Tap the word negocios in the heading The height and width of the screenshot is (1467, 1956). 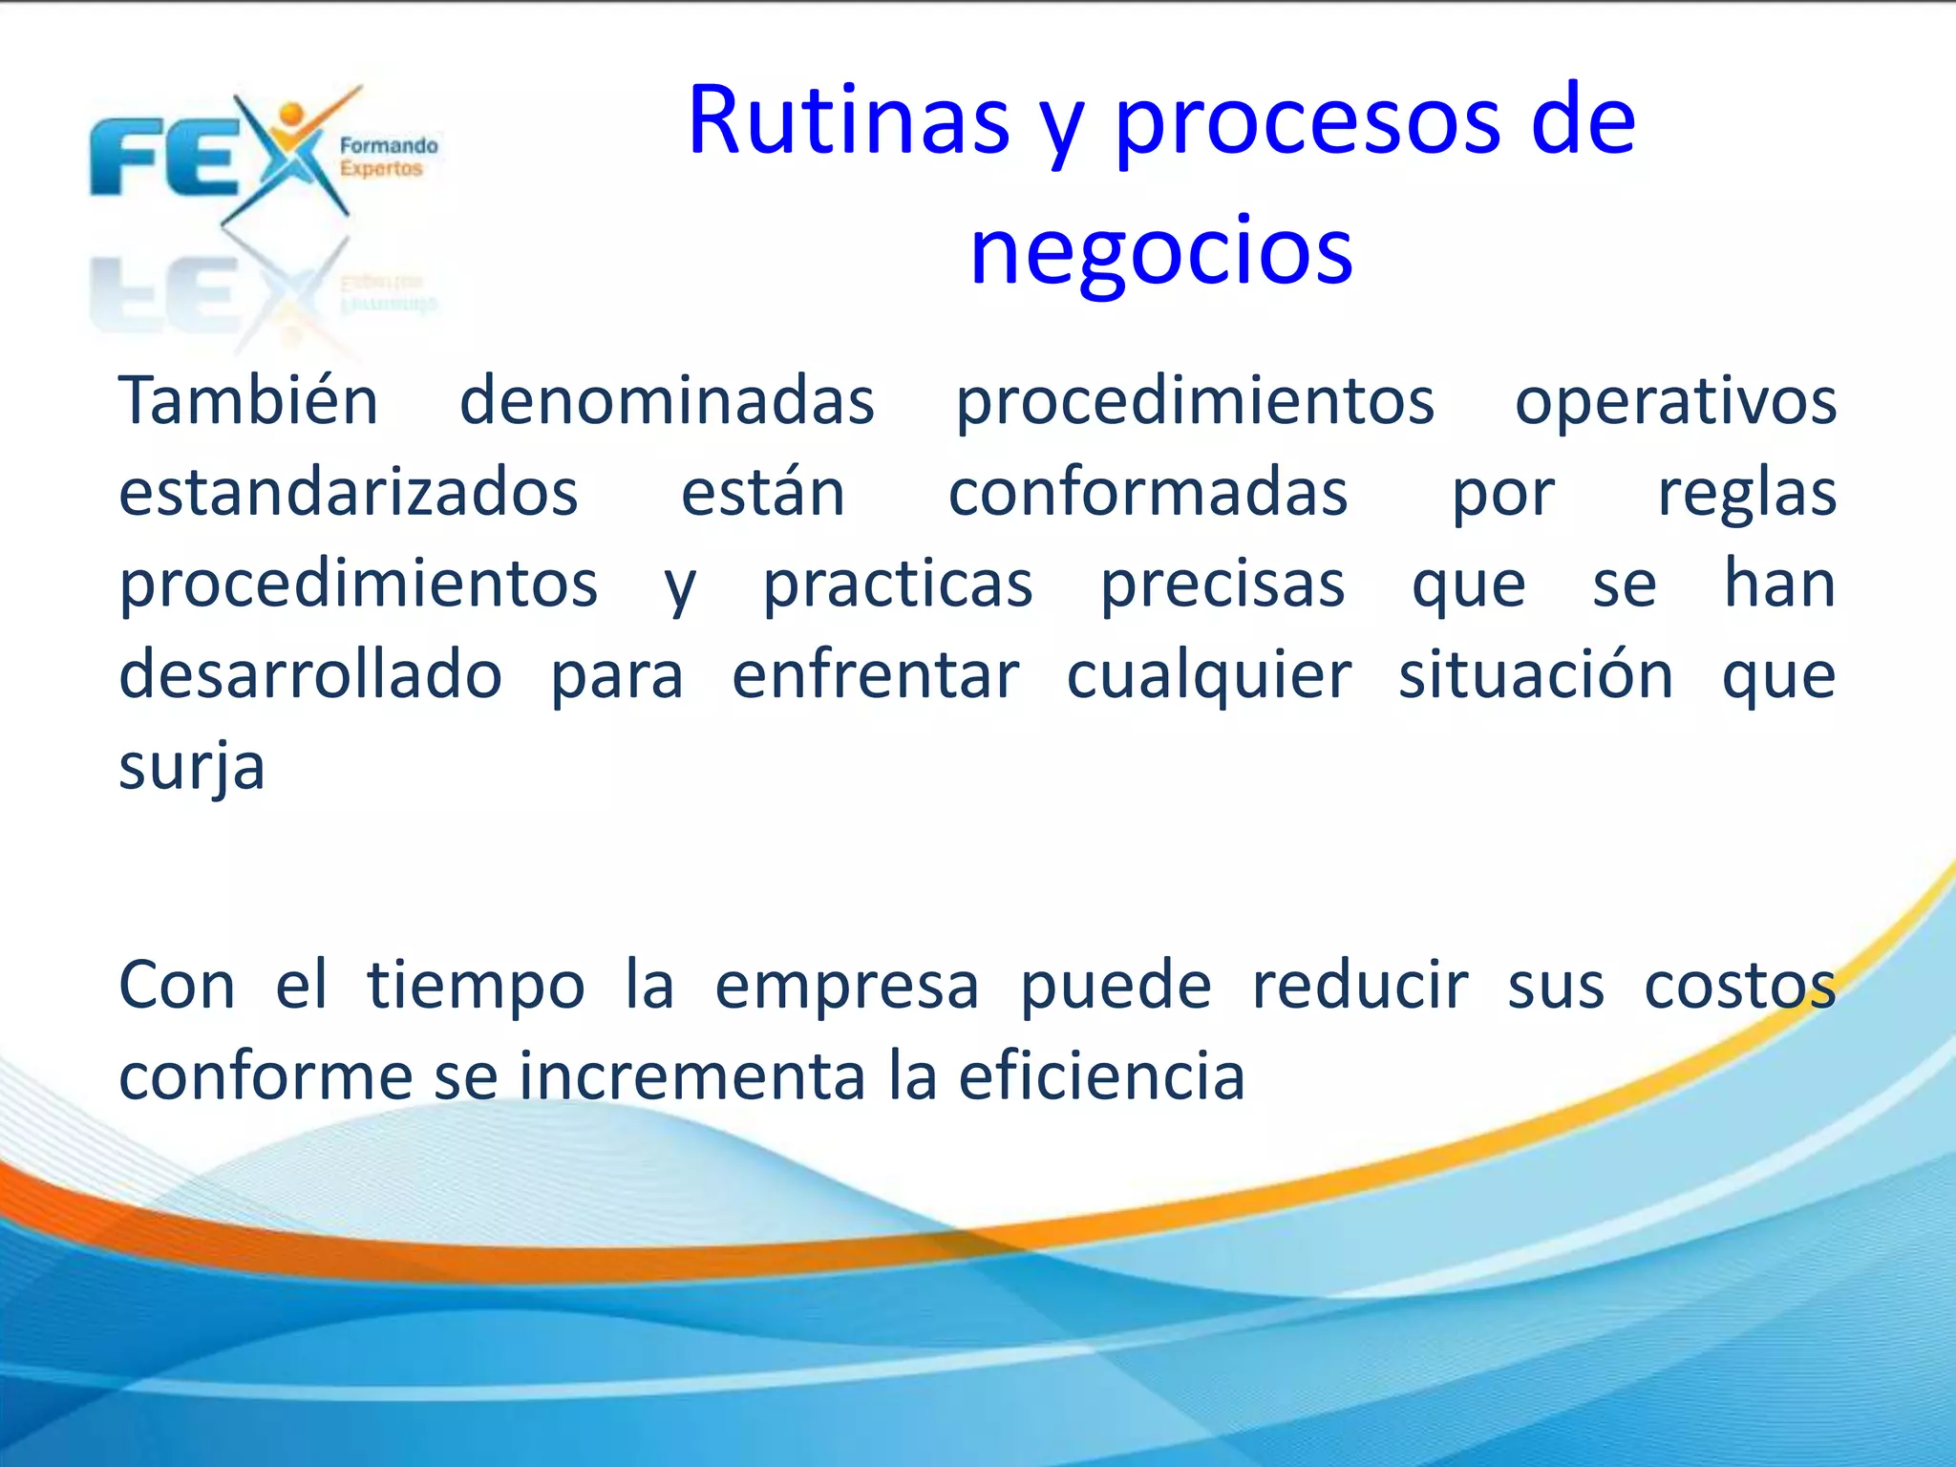(1160, 251)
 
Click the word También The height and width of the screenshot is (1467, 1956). (248, 401)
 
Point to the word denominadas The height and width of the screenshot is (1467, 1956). (667, 401)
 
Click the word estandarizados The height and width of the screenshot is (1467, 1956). (349, 493)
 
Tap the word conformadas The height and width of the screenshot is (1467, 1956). (1147, 493)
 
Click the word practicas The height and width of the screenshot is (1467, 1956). (897, 585)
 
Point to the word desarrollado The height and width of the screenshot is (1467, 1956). (310, 675)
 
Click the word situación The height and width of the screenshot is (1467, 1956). (1536, 675)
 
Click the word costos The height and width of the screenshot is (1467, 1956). (1739, 986)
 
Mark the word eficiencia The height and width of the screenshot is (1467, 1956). (1101, 1076)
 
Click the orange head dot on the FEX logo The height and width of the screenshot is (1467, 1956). (291, 116)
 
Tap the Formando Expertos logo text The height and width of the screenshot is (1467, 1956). (387, 158)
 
